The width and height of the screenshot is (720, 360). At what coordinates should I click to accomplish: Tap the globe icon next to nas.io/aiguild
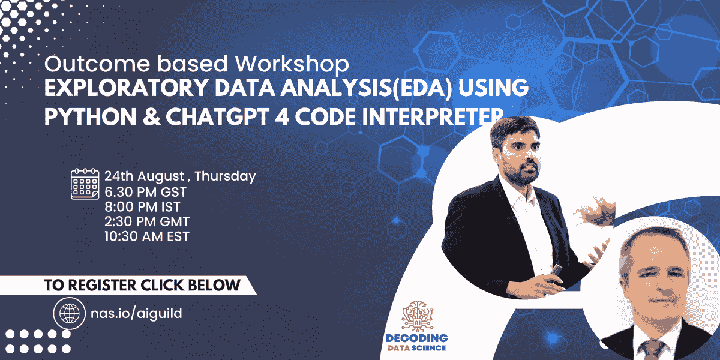pos(66,313)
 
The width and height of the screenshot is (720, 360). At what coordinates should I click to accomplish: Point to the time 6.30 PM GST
pos(145,192)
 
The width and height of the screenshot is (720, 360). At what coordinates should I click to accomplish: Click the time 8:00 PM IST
pos(142,207)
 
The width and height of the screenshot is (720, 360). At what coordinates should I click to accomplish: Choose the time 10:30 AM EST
pos(147,236)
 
